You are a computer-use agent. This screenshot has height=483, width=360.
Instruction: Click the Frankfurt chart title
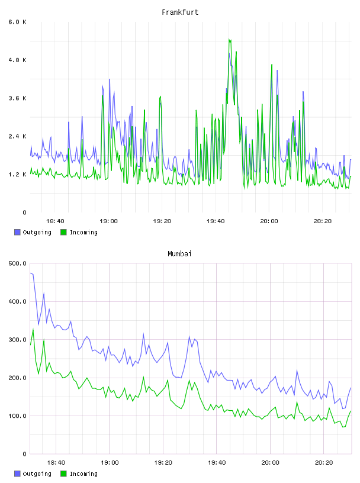[x=180, y=12]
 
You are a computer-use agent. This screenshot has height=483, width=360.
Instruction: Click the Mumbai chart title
[x=179, y=253]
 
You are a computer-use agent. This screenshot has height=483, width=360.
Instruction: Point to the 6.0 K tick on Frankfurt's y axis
[x=18, y=22]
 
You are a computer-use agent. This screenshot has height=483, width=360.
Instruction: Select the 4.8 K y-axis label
[x=18, y=60]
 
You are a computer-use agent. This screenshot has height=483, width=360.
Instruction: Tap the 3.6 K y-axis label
[x=18, y=98]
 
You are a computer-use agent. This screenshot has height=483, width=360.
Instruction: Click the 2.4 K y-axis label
[x=18, y=136]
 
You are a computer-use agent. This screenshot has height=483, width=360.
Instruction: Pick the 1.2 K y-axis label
[x=18, y=175]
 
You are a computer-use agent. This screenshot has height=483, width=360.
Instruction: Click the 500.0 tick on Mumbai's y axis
[x=18, y=263]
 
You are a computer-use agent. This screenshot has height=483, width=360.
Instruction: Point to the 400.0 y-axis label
[x=18, y=301]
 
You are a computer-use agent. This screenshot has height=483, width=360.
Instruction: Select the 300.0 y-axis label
[x=18, y=339]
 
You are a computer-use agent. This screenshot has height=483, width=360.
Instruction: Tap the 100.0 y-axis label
[x=18, y=416]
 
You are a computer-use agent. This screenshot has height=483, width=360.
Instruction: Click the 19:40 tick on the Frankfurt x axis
[x=216, y=221]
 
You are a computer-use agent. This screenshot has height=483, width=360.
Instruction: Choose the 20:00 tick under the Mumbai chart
[x=271, y=462]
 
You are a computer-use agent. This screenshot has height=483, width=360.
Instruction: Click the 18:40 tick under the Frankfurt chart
[x=55, y=221]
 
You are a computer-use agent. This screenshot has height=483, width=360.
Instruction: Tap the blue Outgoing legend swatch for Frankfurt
[x=17, y=232]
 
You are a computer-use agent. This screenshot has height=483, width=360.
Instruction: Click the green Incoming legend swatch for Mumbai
[x=63, y=474]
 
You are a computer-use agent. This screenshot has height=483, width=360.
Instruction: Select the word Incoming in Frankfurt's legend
[x=83, y=232]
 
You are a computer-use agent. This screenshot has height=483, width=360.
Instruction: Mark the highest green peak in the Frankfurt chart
[x=229, y=39]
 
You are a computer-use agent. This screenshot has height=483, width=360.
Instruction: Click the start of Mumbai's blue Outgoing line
[x=31, y=273]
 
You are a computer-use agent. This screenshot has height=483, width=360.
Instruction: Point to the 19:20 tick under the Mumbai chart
[x=163, y=462]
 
